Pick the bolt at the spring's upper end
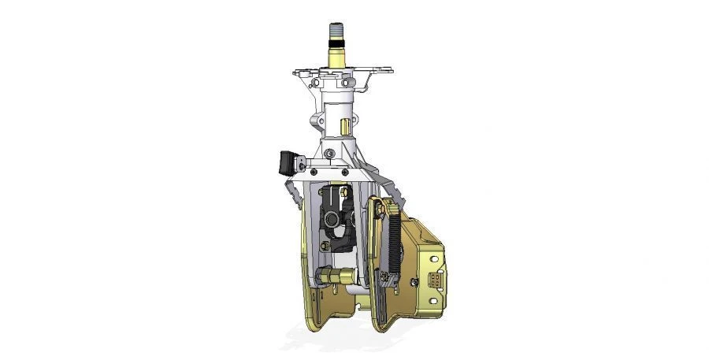pos(381,209)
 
